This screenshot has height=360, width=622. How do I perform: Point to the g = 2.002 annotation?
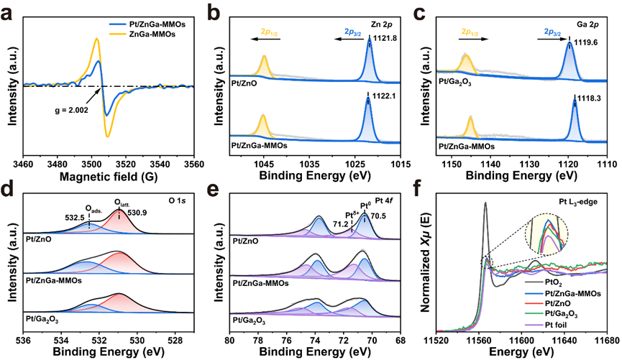71,110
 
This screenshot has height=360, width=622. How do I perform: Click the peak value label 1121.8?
385,39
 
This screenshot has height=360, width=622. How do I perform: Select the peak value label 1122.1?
385,96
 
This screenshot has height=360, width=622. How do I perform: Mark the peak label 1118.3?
589,98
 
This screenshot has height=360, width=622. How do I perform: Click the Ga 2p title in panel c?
587,24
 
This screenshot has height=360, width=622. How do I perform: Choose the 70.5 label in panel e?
378,216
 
